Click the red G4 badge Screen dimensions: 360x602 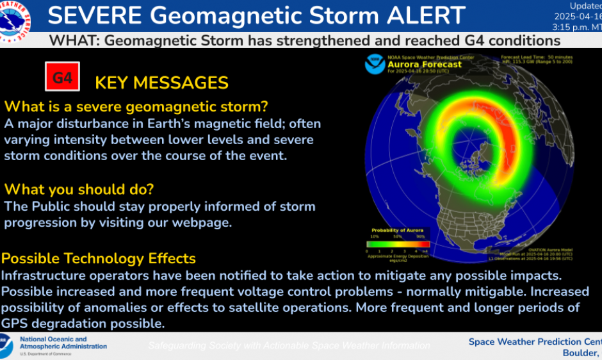(62, 78)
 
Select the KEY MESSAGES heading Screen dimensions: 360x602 (161, 83)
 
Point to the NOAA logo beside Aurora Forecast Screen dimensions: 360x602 (375, 64)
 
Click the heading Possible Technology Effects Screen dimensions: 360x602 (99, 259)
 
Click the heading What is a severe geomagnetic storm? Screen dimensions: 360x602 (136, 106)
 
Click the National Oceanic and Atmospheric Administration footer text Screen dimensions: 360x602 (63, 343)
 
